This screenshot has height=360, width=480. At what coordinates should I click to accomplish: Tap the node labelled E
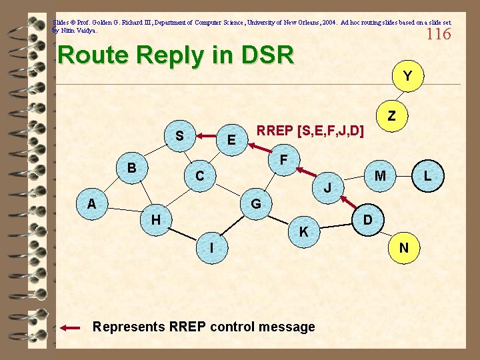pyautogui.click(x=231, y=140)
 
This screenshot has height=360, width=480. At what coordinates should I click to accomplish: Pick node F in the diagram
pyautogui.click(x=284, y=161)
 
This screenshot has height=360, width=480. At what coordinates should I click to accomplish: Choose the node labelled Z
pyautogui.click(x=392, y=115)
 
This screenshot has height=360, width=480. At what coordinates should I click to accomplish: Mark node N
pyautogui.click(x=404, y=248)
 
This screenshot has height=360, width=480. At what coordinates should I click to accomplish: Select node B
pyautogui.click(x=132, y=167)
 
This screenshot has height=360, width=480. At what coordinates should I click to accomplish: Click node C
pyautogui.click(x=199, y=176)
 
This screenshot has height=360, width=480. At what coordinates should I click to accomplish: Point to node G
pyautogui.click(x=255, y=203)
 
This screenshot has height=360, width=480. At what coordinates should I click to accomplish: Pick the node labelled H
pyautogui.click(x=155, y=219)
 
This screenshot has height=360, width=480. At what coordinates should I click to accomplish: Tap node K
pyautogui.click(x=303, y=231)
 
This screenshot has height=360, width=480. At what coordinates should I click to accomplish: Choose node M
pyautogui.click(x=380, y=175)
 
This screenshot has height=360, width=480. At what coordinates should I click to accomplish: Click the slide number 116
pyautogui.click(x=439, y=34)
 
